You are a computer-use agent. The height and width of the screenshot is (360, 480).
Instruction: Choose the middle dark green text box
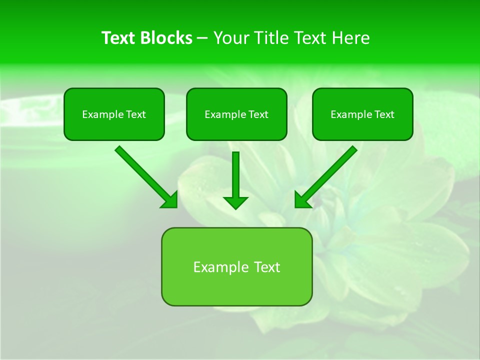(236, 128)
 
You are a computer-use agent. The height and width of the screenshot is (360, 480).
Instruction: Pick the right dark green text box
(362, 128)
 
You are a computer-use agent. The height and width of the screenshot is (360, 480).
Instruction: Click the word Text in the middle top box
(258, 114)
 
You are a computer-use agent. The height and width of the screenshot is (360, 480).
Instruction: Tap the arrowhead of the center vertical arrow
(235, 202)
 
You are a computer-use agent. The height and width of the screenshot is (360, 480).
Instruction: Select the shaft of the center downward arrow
(235, 172)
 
